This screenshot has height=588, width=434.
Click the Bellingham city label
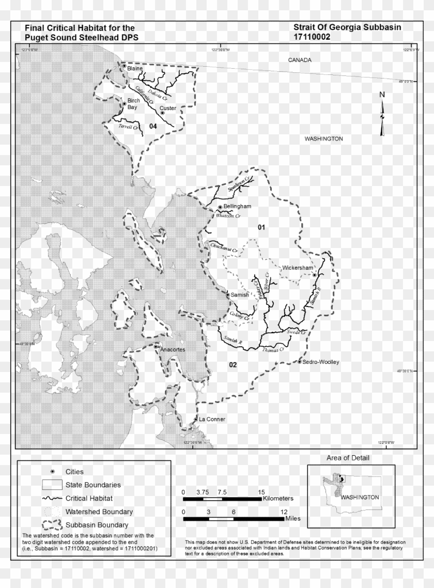coord(237,206)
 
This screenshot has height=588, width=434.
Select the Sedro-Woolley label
coord(321,362)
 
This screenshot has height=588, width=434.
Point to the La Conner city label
coord(212,419)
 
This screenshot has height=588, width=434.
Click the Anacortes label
coord(172,350)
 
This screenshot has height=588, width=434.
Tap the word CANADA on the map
coord(300,60)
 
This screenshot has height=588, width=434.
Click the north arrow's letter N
coord(382,94)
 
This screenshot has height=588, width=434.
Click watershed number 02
coord(233,365)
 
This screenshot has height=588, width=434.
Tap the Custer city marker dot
coord(162,113)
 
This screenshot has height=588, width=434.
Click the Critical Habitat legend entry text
coord(89,499)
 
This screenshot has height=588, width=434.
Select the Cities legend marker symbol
coord(52,472)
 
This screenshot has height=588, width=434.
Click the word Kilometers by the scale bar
coord(278,499)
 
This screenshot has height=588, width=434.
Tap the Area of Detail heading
coord(348,458)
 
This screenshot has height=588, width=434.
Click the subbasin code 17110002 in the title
coord(312,37)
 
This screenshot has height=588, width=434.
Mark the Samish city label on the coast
coord(240,295)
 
